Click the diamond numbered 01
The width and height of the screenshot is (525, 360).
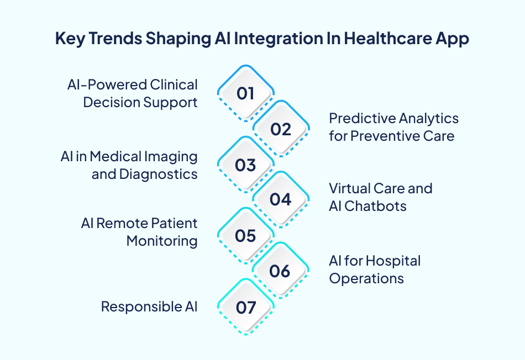click(x=245, y=93)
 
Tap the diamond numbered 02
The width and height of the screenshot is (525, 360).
click(x=281, y=129)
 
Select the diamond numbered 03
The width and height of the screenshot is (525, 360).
click(x=245, y=165)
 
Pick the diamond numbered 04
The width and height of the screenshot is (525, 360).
click(x=281, y=199)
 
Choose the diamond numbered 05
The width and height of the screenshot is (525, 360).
click(x=245, y=236)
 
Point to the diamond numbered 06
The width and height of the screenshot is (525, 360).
click(x=281, y=271)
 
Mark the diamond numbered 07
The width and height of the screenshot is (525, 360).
click(x=245, y=307)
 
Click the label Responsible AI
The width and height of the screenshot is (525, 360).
click(x=149, y=307)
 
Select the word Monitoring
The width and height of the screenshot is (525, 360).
click(x=162, y=241)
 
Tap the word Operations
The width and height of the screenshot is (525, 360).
click(x=366, y=278)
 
